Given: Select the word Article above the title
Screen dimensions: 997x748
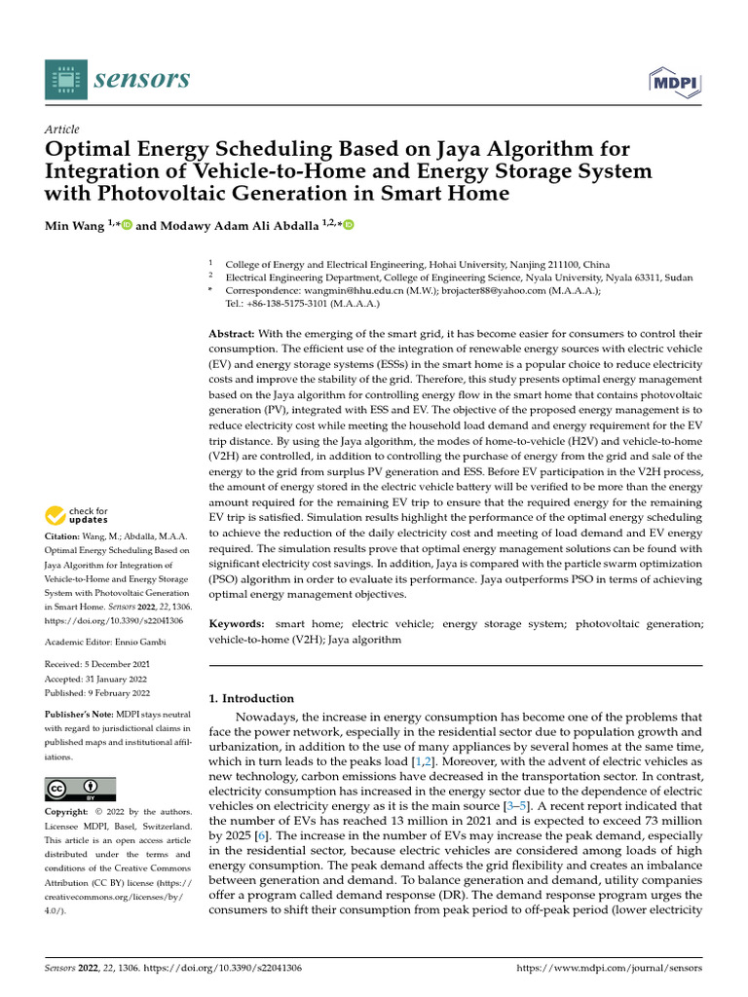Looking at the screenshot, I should click(62, 129).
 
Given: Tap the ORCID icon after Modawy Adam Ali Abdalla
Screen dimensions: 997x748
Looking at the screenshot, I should click(349, 225).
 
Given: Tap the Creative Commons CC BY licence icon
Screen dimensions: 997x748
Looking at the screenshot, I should click(80, 788).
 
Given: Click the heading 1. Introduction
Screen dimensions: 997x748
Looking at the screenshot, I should click(252, 698).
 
